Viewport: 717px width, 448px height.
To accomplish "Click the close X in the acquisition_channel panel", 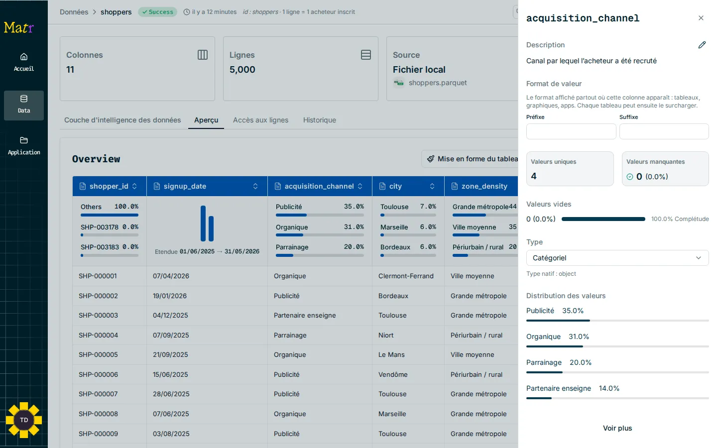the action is [701, 18].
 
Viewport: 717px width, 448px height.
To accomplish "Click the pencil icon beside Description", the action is [702, 45].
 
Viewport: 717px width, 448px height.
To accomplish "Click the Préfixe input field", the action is [571, 131].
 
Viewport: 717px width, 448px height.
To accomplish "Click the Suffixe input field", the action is [664, 131].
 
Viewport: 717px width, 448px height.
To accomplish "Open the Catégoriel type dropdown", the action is [617, 258].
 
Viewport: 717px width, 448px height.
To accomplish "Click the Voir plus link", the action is [617, 428].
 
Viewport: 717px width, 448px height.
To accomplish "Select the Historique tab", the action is [320, 120].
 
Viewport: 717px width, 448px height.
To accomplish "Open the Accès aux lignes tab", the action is [260, 120].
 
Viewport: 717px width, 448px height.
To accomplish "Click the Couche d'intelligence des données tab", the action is [122, 120].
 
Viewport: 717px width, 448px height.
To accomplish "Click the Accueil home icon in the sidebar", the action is [24, 57].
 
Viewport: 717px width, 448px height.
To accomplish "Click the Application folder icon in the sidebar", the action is [24, 140].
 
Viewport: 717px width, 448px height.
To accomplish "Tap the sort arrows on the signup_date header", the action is [255, 186].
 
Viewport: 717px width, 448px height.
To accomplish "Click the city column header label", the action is [395, 186].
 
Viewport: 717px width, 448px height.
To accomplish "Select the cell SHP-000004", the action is [98, 335].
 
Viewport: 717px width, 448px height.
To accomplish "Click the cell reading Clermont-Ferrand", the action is [406, 276].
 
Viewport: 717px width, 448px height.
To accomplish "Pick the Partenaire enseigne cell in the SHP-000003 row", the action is [305, 315].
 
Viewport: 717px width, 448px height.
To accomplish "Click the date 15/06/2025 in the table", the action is [170, 374].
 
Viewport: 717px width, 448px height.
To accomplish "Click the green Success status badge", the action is [157, 12].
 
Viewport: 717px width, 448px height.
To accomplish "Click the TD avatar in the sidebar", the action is [24, 420].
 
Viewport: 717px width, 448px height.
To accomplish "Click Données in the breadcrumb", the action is [74, 12].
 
